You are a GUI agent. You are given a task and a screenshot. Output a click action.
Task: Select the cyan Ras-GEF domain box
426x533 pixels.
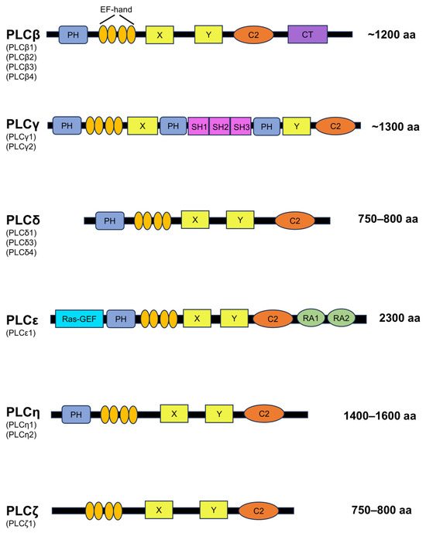pos(79,318)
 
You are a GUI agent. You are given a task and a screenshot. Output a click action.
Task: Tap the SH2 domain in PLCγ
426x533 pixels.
pos(220,126)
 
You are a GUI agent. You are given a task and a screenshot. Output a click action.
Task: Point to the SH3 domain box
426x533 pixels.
pos(241,126)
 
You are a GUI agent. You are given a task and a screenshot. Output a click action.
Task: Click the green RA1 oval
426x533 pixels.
pos(311,317)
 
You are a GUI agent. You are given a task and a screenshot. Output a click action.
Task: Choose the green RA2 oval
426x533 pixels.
pos(340,317)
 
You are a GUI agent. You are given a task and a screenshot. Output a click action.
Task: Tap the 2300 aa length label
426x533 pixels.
pos(399,318)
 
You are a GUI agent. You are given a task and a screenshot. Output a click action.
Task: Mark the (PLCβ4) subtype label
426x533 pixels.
pos(21,77)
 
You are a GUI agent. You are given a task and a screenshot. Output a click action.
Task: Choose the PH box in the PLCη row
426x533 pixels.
pos(76,415)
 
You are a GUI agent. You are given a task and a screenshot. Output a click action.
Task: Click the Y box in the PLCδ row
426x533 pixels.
pos(241,221)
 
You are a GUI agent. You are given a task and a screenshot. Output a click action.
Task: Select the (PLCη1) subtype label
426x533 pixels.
pos(21,425)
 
